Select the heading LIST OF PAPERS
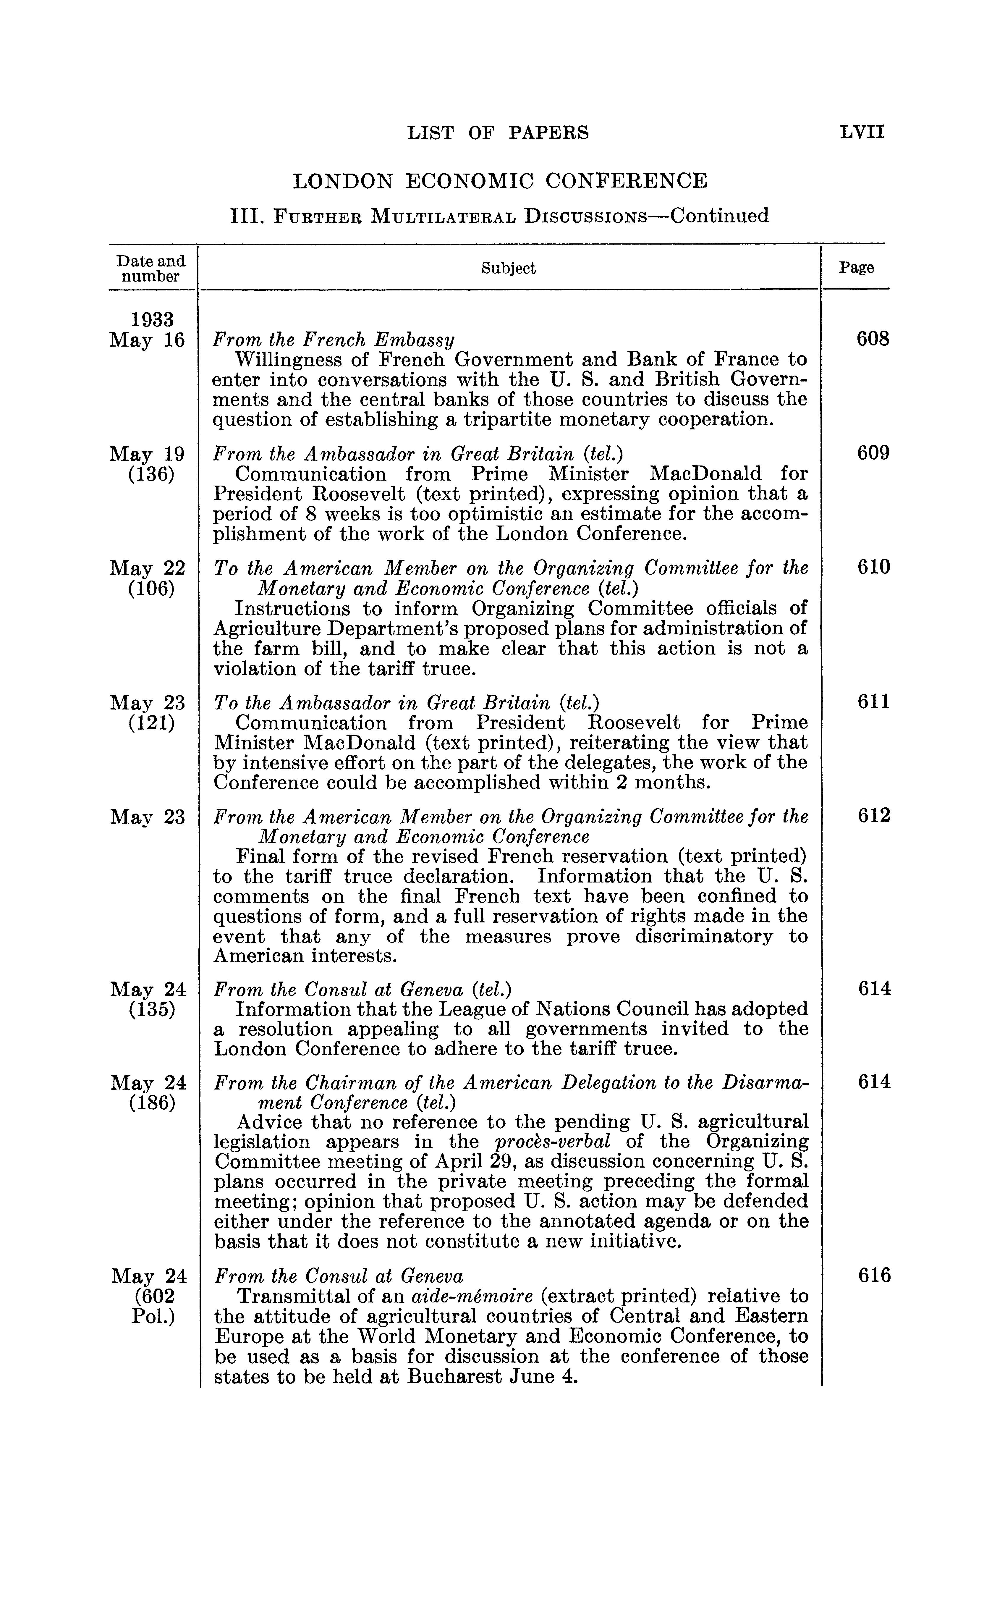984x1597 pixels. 498,133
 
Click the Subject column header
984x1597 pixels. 508,268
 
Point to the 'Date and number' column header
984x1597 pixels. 151,268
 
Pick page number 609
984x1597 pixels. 873,452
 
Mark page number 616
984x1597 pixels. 873,1275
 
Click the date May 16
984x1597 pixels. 148,340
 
